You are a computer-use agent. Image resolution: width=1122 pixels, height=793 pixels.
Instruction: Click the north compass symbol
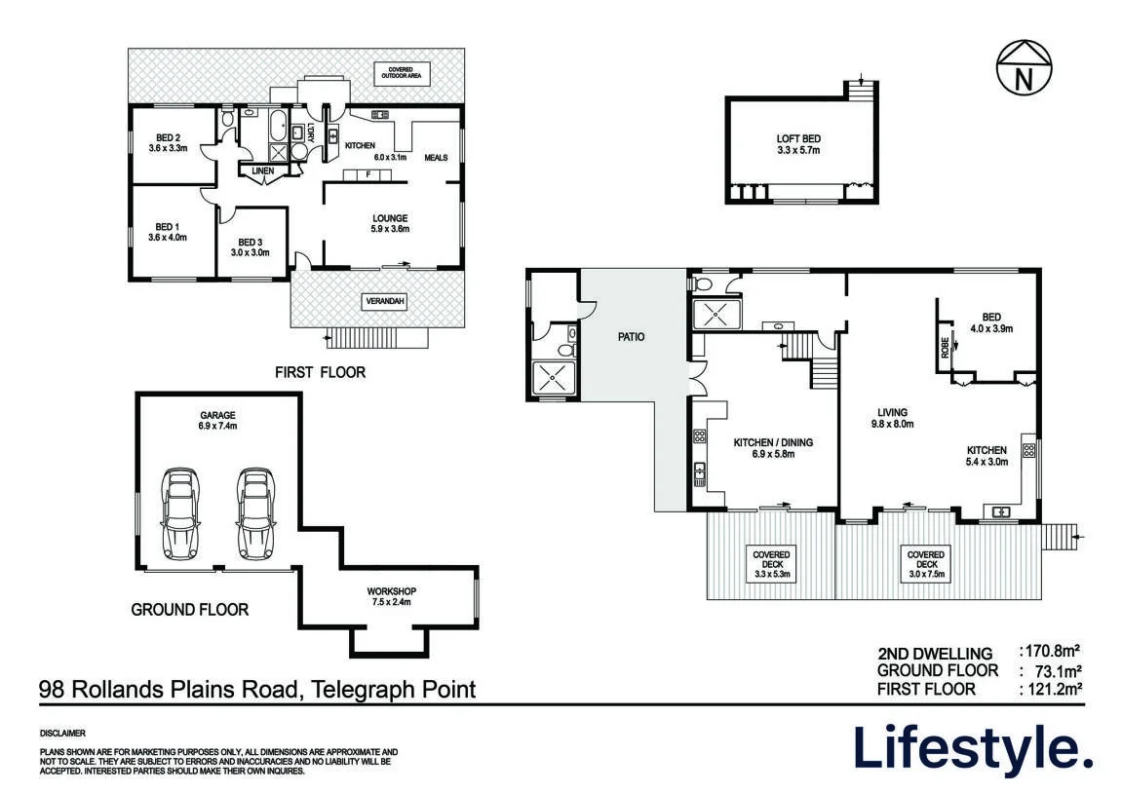click(1025, 67)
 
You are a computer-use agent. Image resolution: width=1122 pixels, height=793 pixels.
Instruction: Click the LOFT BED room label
click(798, 144)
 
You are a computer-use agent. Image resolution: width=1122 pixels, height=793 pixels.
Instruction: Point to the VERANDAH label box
click(385, 302)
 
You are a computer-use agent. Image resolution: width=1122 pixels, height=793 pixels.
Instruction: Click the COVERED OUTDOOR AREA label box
click(401, 73)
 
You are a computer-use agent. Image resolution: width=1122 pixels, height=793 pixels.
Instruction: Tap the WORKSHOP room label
click(392, 596)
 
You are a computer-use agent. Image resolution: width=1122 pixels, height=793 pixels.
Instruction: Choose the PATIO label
click(631, 337)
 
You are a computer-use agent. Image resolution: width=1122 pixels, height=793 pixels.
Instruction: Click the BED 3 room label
click(250, 247)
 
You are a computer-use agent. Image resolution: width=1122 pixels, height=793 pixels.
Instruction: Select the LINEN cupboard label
click(262, 170)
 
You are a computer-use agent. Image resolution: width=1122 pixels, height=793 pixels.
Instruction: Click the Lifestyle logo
click(973, 749)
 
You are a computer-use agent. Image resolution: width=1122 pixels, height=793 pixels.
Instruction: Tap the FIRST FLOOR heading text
click(320, 372)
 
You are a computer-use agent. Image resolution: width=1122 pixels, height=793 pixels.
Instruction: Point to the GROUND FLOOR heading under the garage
click(190, 609)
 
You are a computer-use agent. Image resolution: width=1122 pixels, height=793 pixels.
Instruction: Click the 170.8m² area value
click(1048, 651)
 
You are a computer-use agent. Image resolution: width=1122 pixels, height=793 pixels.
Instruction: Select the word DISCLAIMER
click(63, 733)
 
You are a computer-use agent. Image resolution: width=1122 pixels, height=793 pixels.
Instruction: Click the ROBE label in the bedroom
click(946, 348)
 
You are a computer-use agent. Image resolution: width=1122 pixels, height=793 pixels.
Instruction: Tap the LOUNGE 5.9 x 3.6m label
click(390, 224)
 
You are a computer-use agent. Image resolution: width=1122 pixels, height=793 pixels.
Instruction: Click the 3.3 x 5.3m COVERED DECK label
click(771, 564)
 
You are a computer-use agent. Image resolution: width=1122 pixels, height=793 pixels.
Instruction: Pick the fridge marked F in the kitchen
click(368, 174)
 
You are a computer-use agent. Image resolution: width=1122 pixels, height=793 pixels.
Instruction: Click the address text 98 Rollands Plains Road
click(169, 690)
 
